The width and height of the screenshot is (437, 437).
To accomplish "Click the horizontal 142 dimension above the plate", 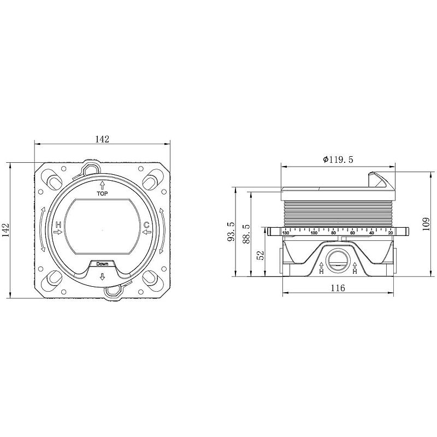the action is (x=102, y=139).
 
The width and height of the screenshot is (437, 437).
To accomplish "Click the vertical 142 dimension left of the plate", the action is (x=6, y=230).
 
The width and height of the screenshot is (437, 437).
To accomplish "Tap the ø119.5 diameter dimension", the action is (x=338, y=160).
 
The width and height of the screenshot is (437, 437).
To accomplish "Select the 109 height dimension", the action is (x=426, y=224).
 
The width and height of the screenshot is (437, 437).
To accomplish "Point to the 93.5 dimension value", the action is (x=231, y=232).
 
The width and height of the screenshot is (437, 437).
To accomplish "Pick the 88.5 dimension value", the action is (x=246, y=234).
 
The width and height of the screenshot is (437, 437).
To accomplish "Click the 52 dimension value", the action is (x=260, y=256).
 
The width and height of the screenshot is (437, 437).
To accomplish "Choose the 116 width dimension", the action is (x=338, y=288).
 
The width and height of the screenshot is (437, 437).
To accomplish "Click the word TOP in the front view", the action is (x=102, y=193).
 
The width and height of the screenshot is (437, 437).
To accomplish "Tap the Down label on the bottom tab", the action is (x=102, y=264).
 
